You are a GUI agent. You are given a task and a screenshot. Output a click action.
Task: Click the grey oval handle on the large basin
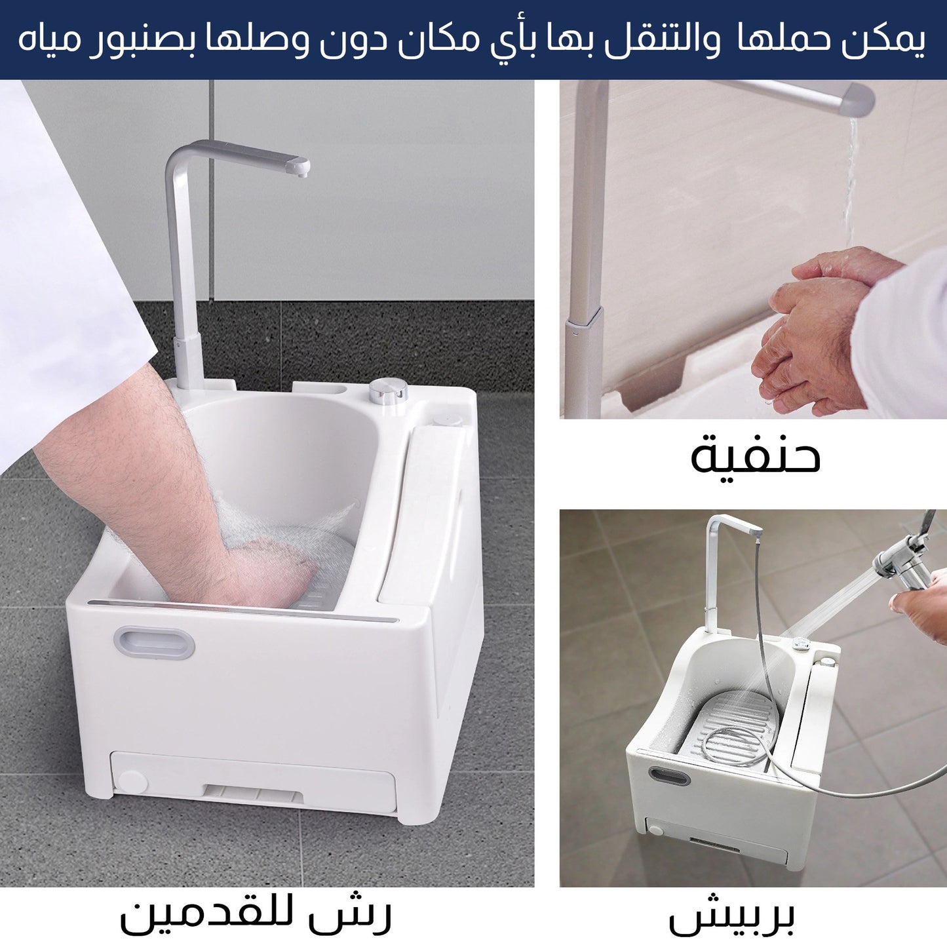(154, 642)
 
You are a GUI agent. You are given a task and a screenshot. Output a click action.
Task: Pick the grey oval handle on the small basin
(669, 776)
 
